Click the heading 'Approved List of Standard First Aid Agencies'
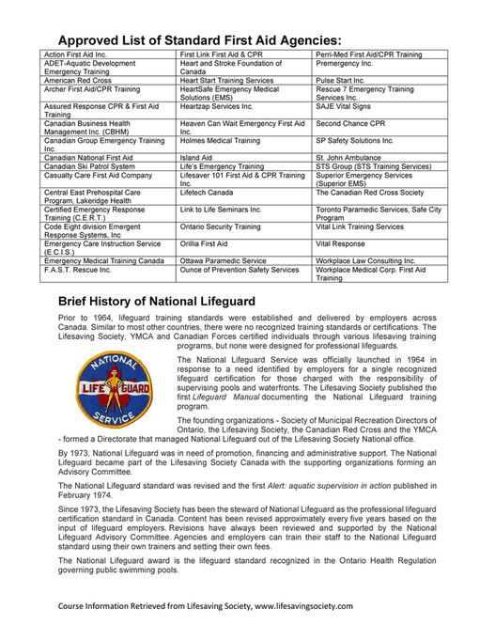coord(199,40)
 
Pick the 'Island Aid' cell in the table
coord(196,157)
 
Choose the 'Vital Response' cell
coord(339,243)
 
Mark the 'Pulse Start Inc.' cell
coord(343,82)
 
